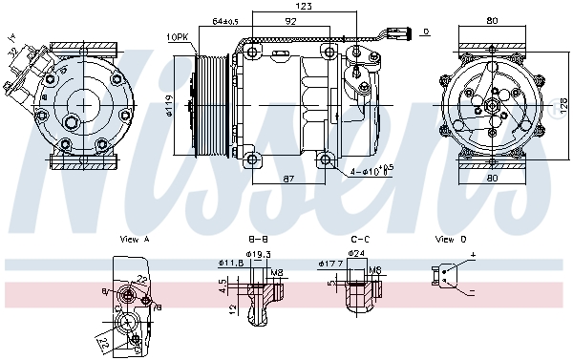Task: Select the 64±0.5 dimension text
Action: click(x=225, y=20)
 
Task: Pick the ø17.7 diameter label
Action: click(x=330, y=263)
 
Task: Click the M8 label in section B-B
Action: click(x=276, y=273)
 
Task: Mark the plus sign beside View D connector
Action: click(x=472, y=256)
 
